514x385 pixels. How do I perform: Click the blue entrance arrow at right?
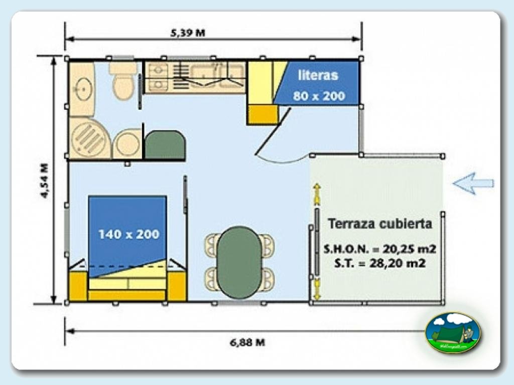473,183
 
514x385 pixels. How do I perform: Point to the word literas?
318,76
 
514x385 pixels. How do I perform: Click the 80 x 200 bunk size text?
319,95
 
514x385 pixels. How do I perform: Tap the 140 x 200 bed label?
128,234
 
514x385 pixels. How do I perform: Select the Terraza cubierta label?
379,224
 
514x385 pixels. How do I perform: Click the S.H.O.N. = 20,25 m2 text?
379,249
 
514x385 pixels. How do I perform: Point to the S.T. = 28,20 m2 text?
380,263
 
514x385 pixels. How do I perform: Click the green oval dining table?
239,262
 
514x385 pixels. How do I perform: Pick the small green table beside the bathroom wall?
165,144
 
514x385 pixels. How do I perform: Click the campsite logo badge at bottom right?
453,332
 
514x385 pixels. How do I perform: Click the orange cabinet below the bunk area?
262,114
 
